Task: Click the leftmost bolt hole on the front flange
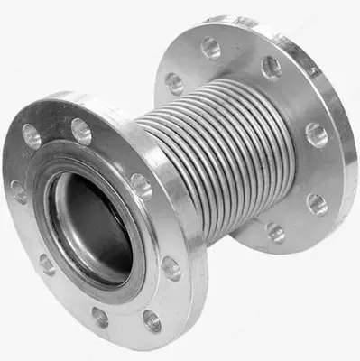(x=18, y=191)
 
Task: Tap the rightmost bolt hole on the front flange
(x=171, y=267)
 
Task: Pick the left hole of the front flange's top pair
(x=32, y=135)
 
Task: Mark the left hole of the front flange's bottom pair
(x=99, y=317)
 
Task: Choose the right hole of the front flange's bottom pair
(x=151, y=319)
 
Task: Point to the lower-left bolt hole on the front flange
(x=47, y=264)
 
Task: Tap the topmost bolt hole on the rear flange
(x=211, y=48)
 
